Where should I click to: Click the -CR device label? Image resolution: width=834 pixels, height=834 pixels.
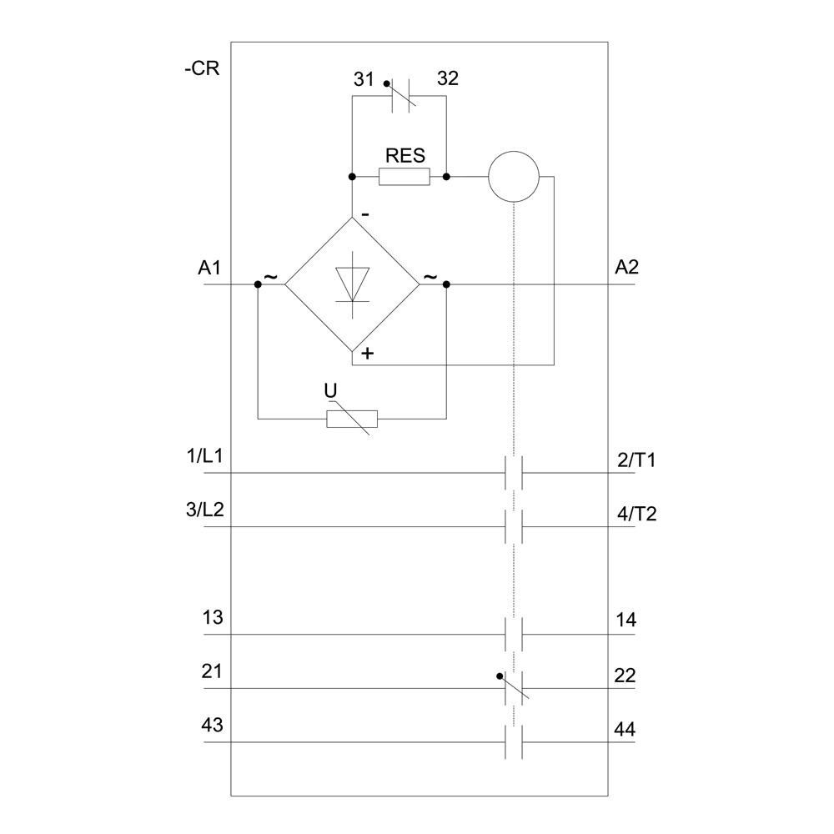pyautogui.click(x=202, y=69)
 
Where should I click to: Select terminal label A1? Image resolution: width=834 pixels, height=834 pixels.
pyautogui.click(x=209, y=268)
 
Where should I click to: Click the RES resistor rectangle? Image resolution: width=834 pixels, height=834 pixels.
pyautogui.click(x=404, y=177)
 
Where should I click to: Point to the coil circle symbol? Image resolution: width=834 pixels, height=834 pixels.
pyautogui.click(x=514, y=177)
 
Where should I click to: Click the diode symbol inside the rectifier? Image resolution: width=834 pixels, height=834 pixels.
pyautogui.click(x=353, y=284)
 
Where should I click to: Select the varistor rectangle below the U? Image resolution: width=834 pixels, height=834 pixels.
pyautogui.click(x=352, y=419)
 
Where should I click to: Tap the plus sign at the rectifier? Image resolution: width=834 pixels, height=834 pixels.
pyautogui.click(x=367, y=354)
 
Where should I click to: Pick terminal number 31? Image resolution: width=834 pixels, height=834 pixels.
pyautogui.click(x=363, y=79)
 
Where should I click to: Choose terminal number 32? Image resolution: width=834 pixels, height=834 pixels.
pyautogui.click(x=447, y=79)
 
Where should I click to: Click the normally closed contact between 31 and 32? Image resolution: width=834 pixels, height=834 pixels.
pyautogui.click(x=399, y=97)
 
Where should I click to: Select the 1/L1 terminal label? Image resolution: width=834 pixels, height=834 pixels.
pyautogui.click(x=205, y=457)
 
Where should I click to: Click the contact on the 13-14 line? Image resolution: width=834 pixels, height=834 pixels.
pyautogui.click(x=515, y=635)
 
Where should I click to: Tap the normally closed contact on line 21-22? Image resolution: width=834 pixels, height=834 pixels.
pyautogui.click(x=514, y=688)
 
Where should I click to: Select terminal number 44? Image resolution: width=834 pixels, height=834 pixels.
pyautogui.click(x=625, y=731)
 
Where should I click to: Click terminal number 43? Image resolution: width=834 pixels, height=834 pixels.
pyautogui.click(x=213, y=726)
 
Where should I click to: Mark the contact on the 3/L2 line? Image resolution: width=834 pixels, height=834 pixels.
pyautogui.click(x=515, y=527)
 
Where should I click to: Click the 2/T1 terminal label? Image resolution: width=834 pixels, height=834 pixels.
pyautogui.click(x=636, y=460)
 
